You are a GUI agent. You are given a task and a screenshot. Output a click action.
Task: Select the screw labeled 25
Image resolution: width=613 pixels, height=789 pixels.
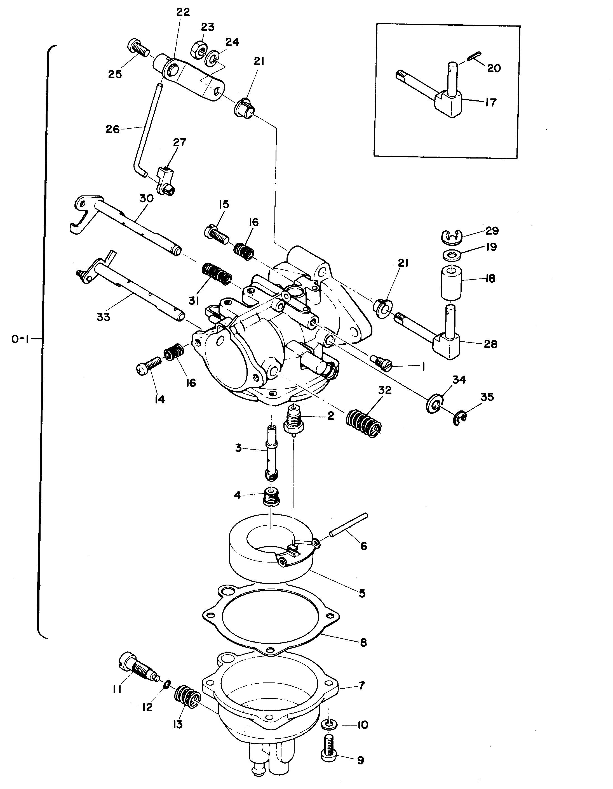point(138,48)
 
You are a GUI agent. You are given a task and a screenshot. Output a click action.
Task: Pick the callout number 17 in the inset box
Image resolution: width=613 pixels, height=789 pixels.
point(490,102)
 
